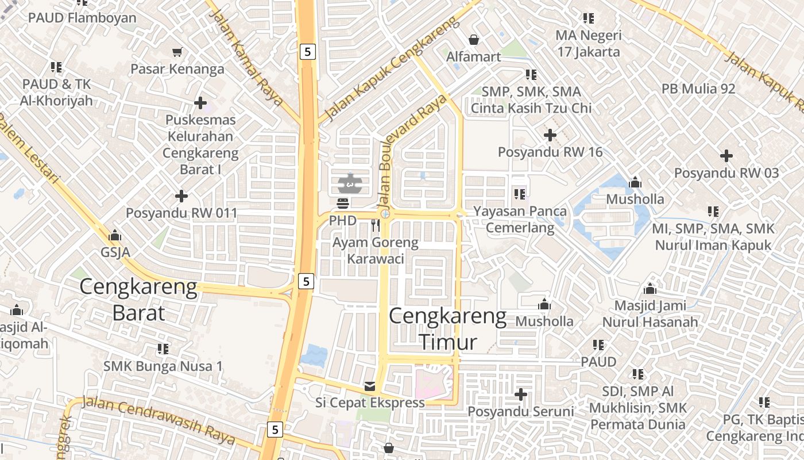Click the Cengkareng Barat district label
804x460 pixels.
(x=138, y=300)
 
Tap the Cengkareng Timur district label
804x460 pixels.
(x=448, y=329)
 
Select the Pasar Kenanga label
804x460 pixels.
(x=177, y=69)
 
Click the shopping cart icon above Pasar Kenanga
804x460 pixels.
(x=177, y=52)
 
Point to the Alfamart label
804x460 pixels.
(x=474, y=56)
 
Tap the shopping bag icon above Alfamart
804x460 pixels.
(x=474, y=40)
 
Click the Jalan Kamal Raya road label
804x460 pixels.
(x=247, y=58)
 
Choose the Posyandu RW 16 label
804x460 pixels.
(x=550, y=152)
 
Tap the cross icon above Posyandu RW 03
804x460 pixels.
(x=726, y=156)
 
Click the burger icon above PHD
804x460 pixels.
(x=343, y=203)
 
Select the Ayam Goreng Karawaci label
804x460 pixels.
(x=376, y=251)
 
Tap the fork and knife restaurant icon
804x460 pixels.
(x=376, y=225)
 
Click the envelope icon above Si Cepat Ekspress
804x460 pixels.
(x=370, y=386)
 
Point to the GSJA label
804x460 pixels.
(x=115, y=252)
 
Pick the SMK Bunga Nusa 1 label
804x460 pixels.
(x=163, y=366)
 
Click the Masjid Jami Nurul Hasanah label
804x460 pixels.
(x=650, y=314)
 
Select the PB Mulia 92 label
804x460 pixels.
(x=698, y=89)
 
